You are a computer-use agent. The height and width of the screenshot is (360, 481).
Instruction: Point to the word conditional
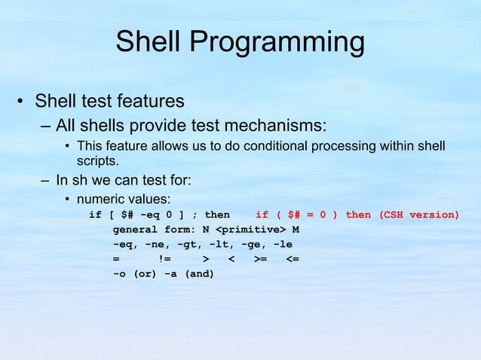[272, 145]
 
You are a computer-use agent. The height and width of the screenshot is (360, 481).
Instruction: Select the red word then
[358, 215]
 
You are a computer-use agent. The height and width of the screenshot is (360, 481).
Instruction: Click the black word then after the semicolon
[217, 215]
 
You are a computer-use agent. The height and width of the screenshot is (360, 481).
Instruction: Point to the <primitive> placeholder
[250, 229]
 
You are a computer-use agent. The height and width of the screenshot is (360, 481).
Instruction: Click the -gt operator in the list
[187, 244]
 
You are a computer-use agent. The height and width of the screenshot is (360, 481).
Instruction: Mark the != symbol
[164, 259]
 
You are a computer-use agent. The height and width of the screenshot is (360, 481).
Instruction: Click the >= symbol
[260, 259]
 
